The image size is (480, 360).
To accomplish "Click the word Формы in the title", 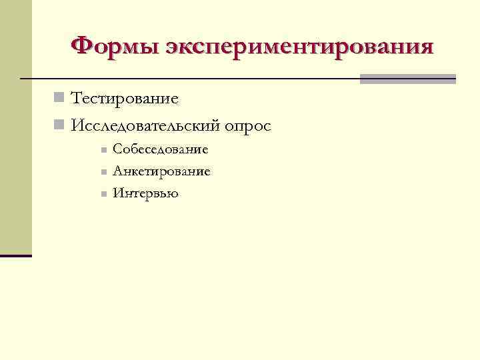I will (114, 47).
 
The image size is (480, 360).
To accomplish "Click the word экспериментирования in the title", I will (300, 48).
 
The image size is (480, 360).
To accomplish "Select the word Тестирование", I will (125, 99).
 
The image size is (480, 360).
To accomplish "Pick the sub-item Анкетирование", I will (161, 171).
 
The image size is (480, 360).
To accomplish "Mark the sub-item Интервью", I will (145, 193).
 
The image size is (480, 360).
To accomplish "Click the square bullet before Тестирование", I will (59, 99).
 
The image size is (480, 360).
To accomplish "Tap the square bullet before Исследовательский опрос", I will (59, 125).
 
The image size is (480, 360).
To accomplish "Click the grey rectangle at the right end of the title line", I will (407, 79).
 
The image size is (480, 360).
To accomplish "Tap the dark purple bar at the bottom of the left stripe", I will (16, 255).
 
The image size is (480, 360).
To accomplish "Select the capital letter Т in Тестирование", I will (77, 99).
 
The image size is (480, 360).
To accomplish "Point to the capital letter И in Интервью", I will (118, 193).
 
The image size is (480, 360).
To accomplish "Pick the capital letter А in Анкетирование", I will (117, 171).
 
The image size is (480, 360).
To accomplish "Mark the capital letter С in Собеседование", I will (117, 149).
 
